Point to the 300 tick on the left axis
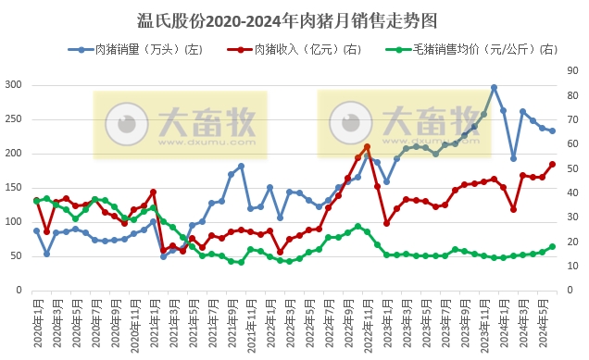click(x=14, y=84)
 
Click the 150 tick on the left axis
click(x=14, y=187)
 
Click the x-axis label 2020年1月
click(x=37, y=324)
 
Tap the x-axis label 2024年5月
click(x=552, y=324)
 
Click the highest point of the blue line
click(x=494, y=87)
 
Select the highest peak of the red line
click(x=368, y=146)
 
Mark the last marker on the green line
click(x=552, y=246)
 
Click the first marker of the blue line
click(x=37, y=230)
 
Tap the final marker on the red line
click(x=552, y=164)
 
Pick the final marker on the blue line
click(x=552, y=130)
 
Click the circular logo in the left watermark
click(x=123, y=123)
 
